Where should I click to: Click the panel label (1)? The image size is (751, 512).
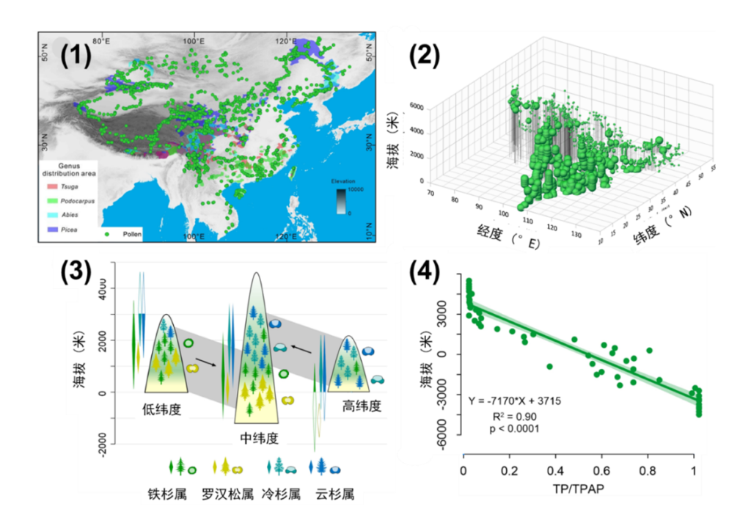tap(76, 55)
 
